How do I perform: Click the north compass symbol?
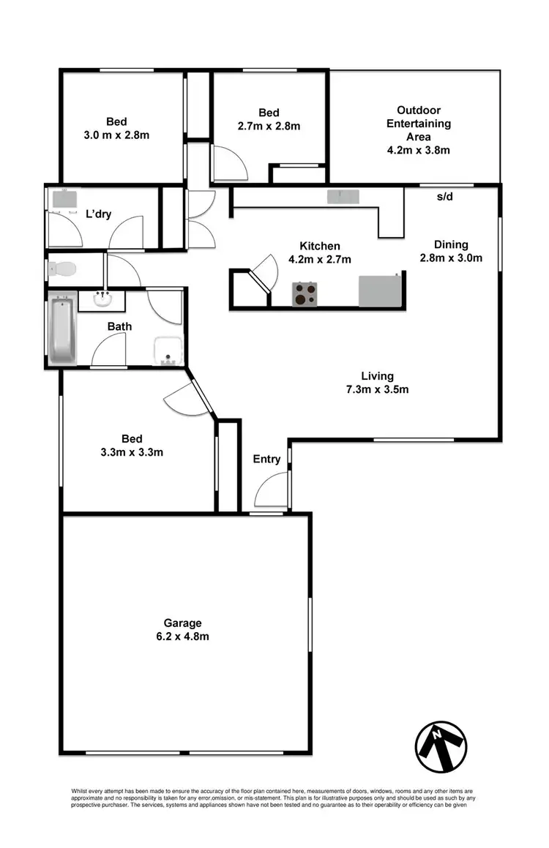[x=441, y=746]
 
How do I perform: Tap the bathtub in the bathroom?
[x=62, y=329]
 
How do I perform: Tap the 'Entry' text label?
[x=266, y=459]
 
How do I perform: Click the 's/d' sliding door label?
[x=445, y=197]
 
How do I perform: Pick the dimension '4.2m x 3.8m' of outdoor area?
[x=418, y=150]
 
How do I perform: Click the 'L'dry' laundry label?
[x=99, y=214]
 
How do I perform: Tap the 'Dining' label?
[x=450, y=244]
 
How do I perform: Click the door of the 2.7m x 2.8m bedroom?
[x=228, y=164]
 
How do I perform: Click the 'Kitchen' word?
[x=320, y=246]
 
